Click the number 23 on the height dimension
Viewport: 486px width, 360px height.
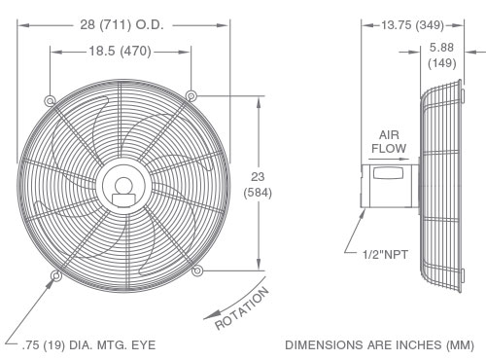point(259,177)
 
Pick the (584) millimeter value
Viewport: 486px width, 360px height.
point(259,193)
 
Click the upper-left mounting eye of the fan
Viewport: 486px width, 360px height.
point(51,98)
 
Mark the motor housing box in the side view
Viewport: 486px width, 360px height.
point(388,184)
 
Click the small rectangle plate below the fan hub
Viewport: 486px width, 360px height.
point(122,200)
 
